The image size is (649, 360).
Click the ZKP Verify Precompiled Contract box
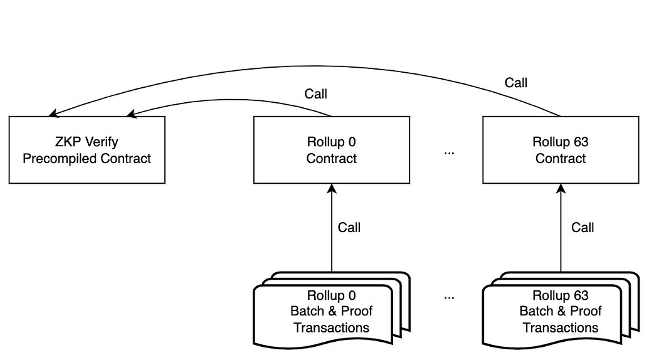[x=87, y=150]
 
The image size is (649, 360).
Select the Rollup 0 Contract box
[x=331, y=150]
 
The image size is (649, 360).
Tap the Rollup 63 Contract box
[x=560, y=150]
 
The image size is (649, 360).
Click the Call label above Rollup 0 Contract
[x=315, y=94]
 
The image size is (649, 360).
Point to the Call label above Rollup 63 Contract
[x=515, y=82]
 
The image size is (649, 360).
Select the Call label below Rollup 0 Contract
[x=349, y=227]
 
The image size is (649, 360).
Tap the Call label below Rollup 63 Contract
[x=582, y=227]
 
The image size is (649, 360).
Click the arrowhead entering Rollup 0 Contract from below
[x=331, y=188]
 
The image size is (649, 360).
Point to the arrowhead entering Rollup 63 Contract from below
[x=560, y=188]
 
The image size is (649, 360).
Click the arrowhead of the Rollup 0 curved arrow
[x=131, y=114]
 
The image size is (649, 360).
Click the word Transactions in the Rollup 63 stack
[x=560, y=327]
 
